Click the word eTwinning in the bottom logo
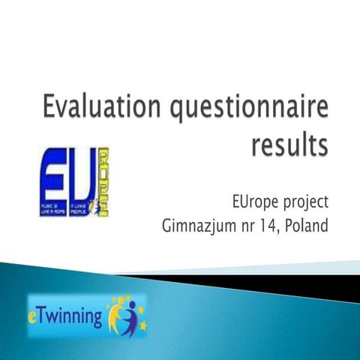pyautogui.click(x=67, y=315)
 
